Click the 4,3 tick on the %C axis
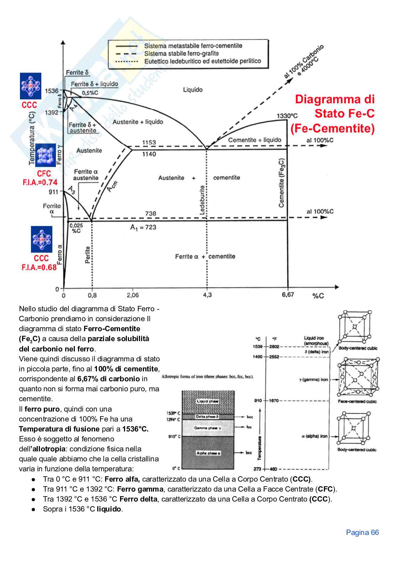(207, 295)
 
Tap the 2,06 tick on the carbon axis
(133, 295)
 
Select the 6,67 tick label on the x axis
(288, 295)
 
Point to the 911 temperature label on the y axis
(53, 192)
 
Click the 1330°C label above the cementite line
(287, 116)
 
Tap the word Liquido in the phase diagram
(193, 90)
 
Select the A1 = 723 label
(143, 227)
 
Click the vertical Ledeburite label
(202, 200)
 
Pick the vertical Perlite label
(88, 255)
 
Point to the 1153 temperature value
(149, 143)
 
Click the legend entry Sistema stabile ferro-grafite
(181, 53)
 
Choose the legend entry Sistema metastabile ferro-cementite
(193, 46)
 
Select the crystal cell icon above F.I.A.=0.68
(41, 239)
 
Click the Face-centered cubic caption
(357, 402)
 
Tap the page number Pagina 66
(362, 532)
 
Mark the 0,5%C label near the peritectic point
(91, 93)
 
